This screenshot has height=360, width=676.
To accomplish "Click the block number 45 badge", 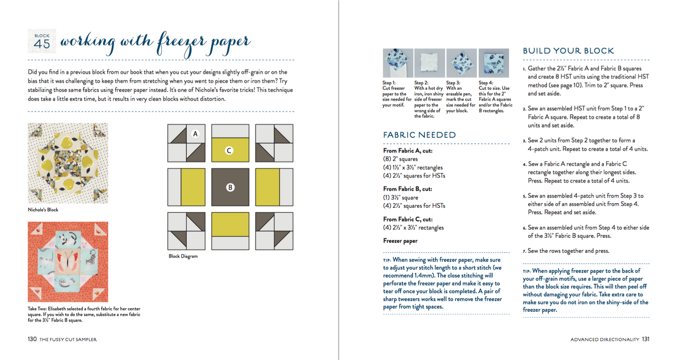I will click(42, 41).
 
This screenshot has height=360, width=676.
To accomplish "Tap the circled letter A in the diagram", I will click(196, 134).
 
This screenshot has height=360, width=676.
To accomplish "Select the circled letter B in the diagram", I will click(230, 187).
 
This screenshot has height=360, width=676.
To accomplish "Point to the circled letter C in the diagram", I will click(229, 151).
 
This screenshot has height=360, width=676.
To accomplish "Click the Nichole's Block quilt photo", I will click(68, 163).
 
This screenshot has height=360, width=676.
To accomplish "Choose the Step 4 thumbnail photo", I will click(493, 63).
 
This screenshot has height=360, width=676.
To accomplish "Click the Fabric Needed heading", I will click(419, 135).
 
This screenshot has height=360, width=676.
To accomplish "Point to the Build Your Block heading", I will click(568, 51).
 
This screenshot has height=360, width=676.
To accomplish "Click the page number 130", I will click(32, 339).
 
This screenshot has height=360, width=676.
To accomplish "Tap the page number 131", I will click(646, 339).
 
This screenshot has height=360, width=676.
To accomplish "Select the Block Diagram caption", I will click(183, 257).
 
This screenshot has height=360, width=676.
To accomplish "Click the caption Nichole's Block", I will click(43, 210).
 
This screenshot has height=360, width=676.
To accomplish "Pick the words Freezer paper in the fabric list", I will click(400, 241).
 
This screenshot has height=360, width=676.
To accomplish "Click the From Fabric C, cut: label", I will click(407, 219).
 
